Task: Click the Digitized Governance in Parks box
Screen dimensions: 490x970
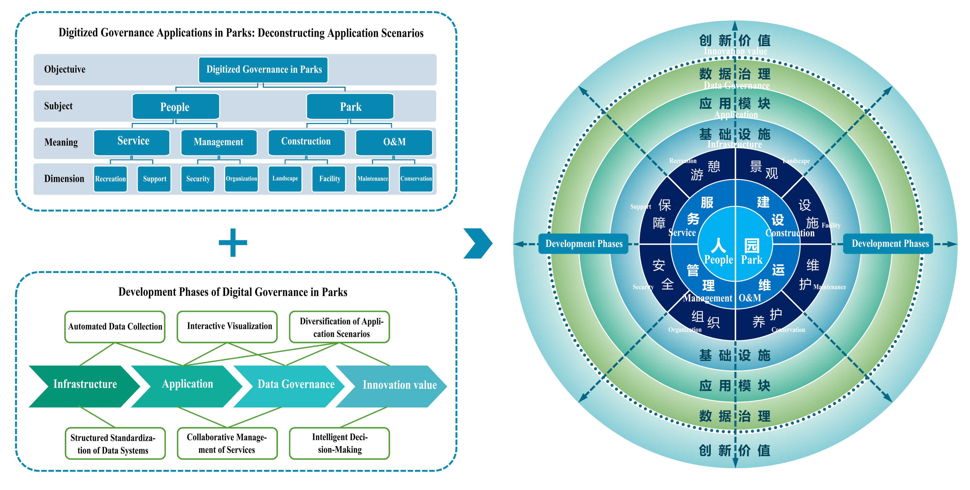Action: click(x=263, y=70)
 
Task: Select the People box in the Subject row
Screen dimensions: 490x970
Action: click(x=176, y=107)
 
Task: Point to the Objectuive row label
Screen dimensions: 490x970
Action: click(x=65, y=69)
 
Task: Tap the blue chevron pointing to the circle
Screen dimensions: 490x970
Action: click(x=478, y=243)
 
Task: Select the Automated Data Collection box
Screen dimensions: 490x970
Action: click(x=115, y=327)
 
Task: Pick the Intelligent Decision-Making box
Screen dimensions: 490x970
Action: click(x=339, y=443)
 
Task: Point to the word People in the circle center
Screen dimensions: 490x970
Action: click(x=718, y=260)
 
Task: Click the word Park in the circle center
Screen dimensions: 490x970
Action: click(x=752, y=260)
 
